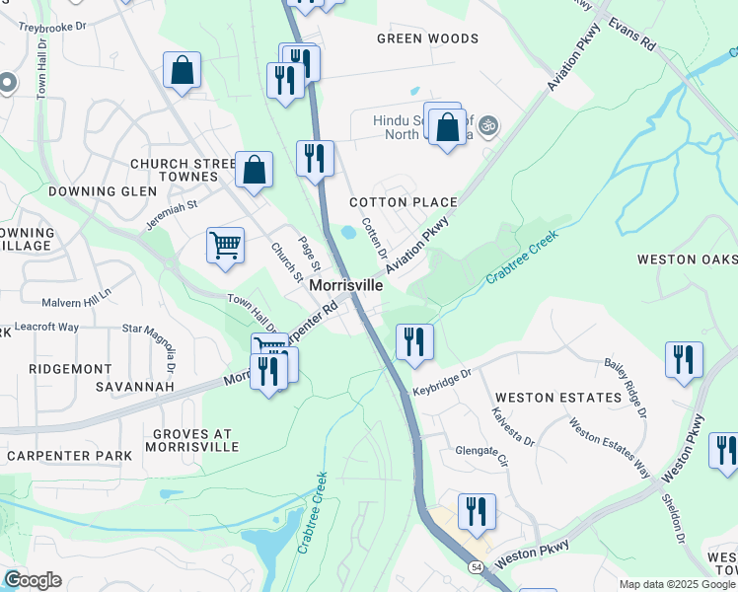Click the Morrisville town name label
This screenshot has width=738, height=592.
pyautogui.click(x=346, y=284)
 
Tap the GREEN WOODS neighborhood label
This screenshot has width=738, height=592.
pyautogui.click(x=428, y=38)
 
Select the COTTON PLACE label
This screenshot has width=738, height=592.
pyautogui.click(x=404, y=202)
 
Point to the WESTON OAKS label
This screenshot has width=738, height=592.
pyautogui.click(x=687, y=259)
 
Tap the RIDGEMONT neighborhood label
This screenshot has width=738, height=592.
pyautogui.click(x=70, y=368)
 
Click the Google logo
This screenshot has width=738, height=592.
pyautogui.click(x=33, y=580)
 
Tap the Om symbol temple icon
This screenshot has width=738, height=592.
pyautogui.click(x=487, y=125)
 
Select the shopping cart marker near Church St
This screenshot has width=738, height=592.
pyautogui.click(x=226, y=245)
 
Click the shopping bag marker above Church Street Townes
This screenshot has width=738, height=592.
pyautogui.click(x=255, y=169)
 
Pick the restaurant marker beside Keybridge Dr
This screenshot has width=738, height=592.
pyautogui.click(x=414, y=341)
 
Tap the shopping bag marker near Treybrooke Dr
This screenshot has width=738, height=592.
pyautogui.click(x=183, y=70)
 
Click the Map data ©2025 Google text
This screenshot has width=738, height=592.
pyautogui.click(x=676, y=584)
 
